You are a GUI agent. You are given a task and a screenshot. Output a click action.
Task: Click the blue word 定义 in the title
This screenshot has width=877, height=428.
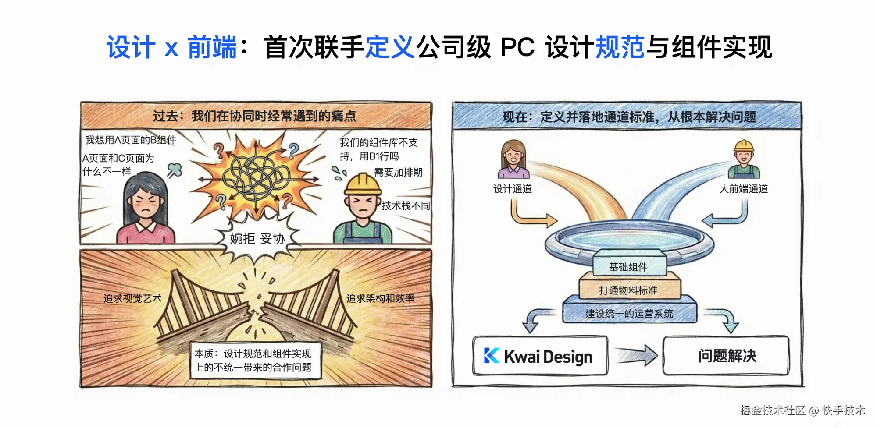click(x=390, y=47)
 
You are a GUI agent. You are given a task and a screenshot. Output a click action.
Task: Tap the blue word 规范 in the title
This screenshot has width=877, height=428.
click(x=620, y=47)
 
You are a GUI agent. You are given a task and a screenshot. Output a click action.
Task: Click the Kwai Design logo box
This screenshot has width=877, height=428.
click(x=540, y=356)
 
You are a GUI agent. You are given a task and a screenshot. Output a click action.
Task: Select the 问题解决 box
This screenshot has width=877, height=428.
click(x=727, y=356)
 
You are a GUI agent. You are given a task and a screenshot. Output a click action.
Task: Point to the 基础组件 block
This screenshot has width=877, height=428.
click(x=628, y=266)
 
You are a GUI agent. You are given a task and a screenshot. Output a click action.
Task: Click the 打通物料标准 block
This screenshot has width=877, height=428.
click(x=628, y=290)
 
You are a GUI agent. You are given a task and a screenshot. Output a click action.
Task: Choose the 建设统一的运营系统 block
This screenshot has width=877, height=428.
click(x=629, y=313)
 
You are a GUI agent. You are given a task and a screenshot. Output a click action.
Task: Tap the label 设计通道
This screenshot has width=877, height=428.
click(x=513, y=189)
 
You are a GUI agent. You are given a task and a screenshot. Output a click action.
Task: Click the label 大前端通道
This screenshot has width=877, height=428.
click(x=743, y=189)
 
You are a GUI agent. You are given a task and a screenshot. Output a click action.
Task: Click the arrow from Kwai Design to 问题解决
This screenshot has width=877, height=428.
click(x=637, y=355)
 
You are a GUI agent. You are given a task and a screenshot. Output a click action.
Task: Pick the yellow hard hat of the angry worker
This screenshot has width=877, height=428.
click(x=363, y=184)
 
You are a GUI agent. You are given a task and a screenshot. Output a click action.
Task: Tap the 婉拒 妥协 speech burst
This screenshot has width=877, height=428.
click(x=257, y=239)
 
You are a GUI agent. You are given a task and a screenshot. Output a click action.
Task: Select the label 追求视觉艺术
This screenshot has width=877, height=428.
click(x=132, y=298)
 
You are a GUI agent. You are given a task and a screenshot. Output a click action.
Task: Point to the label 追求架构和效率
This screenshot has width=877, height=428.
click(x=380, y=298)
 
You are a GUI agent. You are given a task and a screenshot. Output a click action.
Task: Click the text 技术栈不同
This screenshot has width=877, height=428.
click(x=406, y=205)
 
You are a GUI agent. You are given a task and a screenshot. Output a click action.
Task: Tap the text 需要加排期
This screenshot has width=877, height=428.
click(x=398, y=172)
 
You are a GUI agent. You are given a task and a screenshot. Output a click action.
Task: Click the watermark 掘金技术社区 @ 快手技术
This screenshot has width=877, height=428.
click(x=802, y=410)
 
